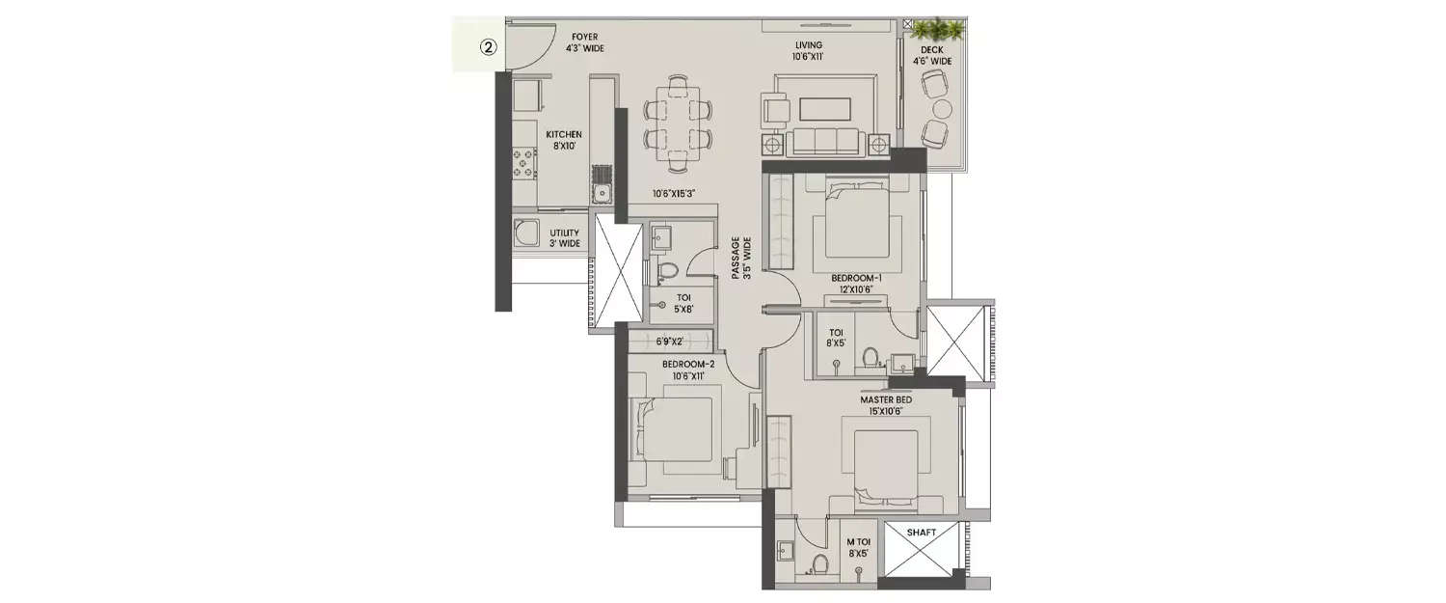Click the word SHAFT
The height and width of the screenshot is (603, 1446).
[922, 533]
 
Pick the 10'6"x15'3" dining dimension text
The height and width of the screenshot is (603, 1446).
[674, 193]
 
